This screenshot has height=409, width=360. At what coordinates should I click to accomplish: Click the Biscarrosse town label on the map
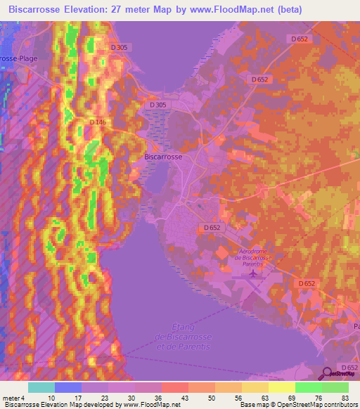(x=163, y=157)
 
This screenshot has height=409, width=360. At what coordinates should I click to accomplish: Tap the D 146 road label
(x=97, y=122)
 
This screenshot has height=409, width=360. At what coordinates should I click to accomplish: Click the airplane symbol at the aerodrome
(x=252, y=271)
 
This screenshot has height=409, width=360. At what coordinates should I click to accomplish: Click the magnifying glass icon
(x=326, y=374)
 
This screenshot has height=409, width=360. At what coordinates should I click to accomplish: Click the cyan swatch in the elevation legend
(x=41, y=387)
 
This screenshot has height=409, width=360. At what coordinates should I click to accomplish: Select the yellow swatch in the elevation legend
(x=281, y=387)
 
